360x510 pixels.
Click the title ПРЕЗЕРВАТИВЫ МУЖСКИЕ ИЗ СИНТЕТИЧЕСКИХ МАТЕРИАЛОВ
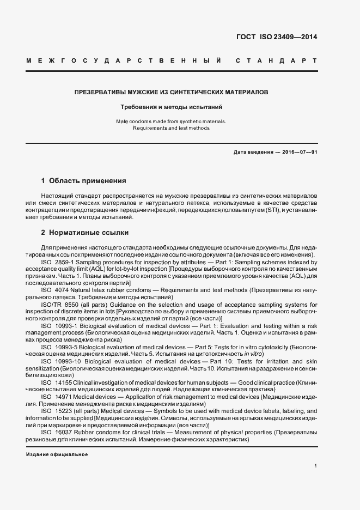pyautogui.click(x=172, y=93)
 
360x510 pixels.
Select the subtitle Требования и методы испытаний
pyautogui.click(x=172, y=107)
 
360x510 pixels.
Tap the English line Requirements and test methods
pyautogui.click(x=171, y=128)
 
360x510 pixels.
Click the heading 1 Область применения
pyautogui.click(x=84, y=180)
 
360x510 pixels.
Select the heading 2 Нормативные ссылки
pyautogui.click(x=84, y=233)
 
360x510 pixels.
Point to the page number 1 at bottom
pyautogui.click(x=316, y=466)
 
